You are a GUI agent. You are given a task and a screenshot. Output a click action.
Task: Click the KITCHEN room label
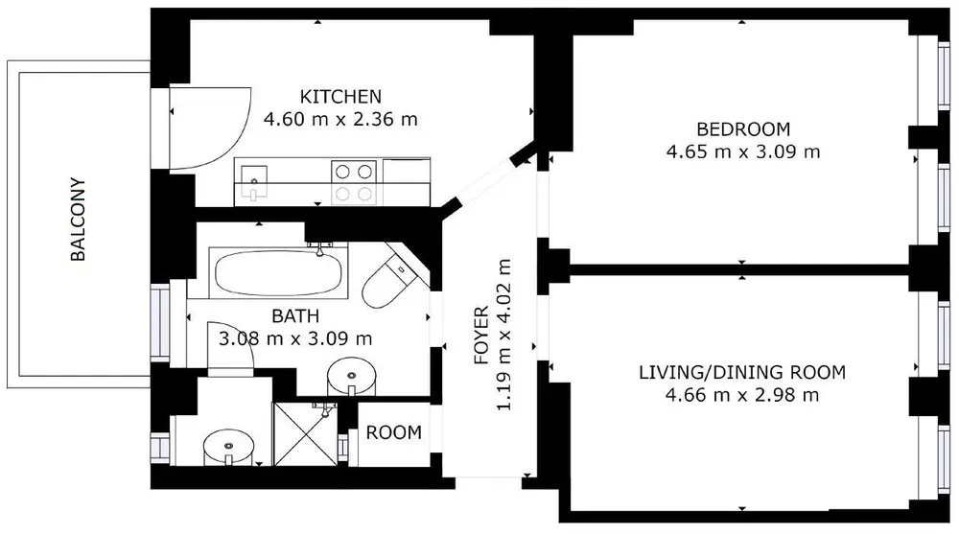(x=340, y=97)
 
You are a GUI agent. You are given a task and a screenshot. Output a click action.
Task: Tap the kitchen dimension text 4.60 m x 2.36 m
(x=340, y=119)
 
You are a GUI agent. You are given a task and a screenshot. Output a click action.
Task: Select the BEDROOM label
(x=743, y=129)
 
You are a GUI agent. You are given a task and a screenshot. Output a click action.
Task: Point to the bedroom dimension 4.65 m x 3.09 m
(x=743, y=151)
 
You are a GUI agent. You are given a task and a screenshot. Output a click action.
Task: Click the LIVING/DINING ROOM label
(x=742, y=372)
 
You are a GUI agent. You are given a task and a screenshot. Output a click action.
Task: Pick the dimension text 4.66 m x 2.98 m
(x=742, y=395)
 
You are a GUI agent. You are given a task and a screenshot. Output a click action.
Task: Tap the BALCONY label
(x=78, y=219)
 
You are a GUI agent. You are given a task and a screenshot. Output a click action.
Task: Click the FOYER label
(x=481, y=336)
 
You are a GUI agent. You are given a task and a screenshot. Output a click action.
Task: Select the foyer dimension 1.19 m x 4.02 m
(x=503, y=336)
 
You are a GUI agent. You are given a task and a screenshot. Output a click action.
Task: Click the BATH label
(x=295, y=316)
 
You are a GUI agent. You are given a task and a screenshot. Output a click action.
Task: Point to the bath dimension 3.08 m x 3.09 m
(x=295, y=338)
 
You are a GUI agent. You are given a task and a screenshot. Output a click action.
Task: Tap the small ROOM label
(x=394, y=432)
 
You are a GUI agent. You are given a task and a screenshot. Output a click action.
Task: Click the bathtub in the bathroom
(x=278, y=273)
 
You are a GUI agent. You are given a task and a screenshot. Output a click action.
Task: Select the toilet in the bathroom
(x=392, y=280)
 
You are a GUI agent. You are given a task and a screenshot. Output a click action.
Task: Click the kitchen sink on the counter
(x=254, y=181)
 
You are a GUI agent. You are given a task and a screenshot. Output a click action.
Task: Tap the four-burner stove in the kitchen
(x=354, y=182)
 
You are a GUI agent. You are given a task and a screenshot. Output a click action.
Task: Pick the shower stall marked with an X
(x=305, y=433)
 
